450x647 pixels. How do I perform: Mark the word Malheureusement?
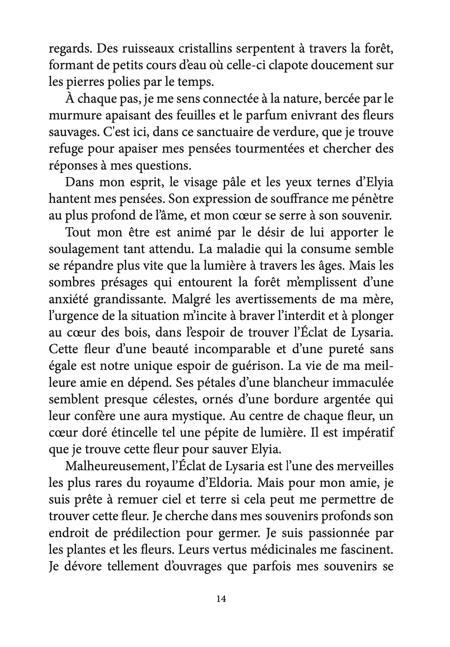coord(114,466)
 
